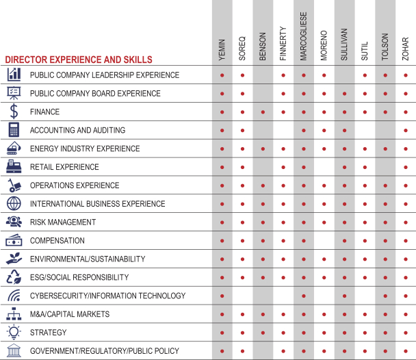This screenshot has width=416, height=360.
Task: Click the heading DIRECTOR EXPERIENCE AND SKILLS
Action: click(78, 60)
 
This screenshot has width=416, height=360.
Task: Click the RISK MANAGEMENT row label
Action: click(62, 222)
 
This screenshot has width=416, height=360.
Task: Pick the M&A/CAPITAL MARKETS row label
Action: click(69, 314)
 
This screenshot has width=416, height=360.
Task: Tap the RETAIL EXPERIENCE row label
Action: click(64, 167)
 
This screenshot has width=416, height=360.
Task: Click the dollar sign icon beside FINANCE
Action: click(14, 112)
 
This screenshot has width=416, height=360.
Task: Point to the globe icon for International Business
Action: click(14, 204)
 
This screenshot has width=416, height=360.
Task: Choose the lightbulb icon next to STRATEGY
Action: click(14, 333)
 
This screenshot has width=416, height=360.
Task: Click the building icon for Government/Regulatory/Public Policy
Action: click(14, 351)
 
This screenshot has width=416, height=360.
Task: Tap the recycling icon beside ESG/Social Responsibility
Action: click(14, 277)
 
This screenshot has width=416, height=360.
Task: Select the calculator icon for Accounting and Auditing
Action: click(14, 130)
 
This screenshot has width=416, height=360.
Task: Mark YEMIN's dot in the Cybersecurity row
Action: click(222, 296)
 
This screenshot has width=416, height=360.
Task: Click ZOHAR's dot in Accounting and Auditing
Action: click(406, 130)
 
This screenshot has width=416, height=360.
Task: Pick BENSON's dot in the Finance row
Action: click(263, 112)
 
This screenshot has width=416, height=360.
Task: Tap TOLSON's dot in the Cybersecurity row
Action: click(385, 296)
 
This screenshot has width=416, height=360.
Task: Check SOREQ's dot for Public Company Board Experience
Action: click(242, 93)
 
